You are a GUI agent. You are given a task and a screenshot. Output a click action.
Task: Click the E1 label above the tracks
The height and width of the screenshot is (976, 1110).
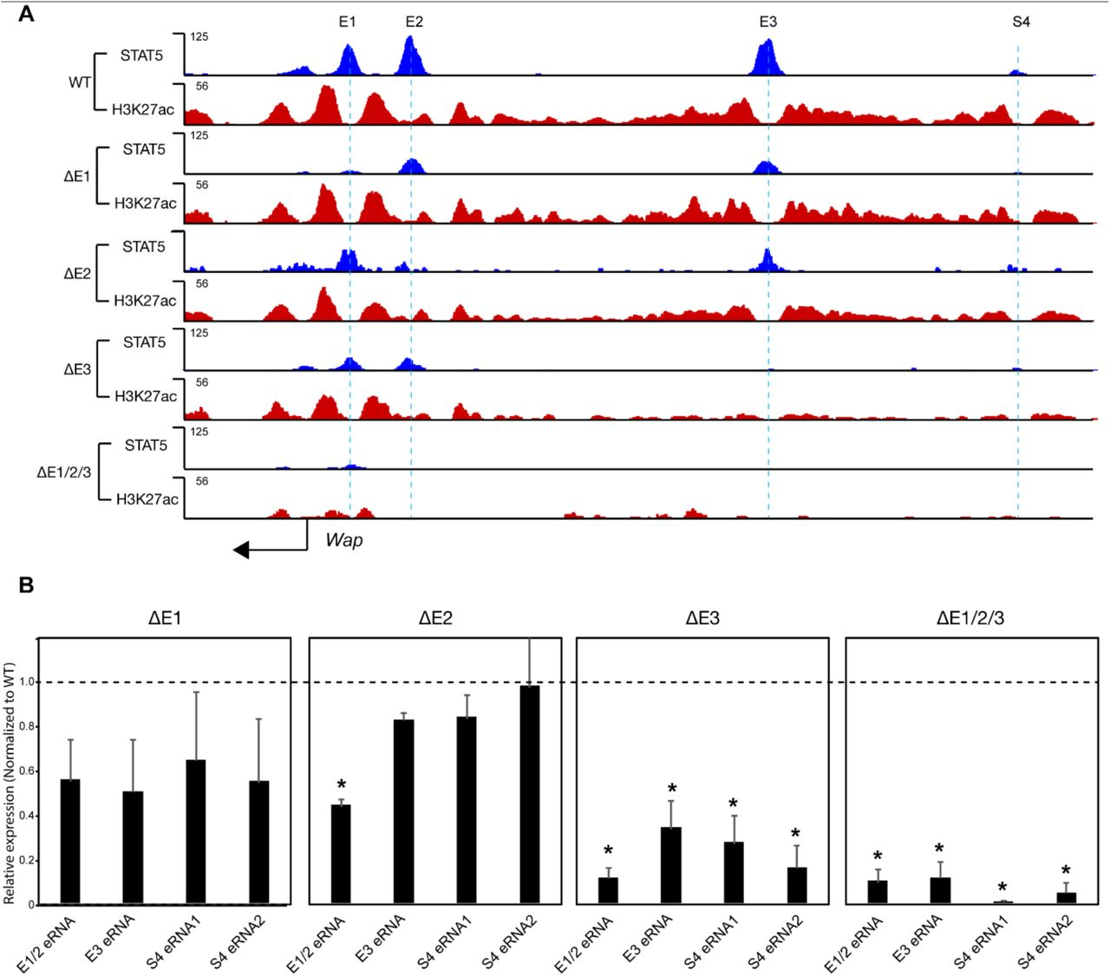click(x=347, y=22)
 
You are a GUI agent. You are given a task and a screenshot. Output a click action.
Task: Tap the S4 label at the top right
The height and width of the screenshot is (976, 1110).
click(x=1021, y=22)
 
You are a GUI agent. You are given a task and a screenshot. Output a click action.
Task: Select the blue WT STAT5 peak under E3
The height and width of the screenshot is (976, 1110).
click(x=765, y=60)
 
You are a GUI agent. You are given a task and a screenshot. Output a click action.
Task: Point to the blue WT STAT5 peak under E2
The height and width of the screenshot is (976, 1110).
click(x=411, y=57)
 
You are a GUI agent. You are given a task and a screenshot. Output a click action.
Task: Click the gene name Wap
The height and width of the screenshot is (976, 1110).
click(x=344, y=540)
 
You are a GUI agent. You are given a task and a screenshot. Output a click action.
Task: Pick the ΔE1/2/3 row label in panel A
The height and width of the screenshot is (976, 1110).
click(x=64, y=472)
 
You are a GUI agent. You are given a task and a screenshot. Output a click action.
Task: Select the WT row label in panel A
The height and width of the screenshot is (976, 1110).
click(x=79, y=83)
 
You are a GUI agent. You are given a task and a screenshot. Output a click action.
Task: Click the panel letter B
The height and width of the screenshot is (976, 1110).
click(x=26, y=586)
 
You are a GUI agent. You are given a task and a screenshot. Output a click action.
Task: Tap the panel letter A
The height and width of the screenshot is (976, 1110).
click(x=26, y=14)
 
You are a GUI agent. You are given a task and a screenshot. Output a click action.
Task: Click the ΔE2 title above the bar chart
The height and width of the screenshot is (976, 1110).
click(x=435, y=619)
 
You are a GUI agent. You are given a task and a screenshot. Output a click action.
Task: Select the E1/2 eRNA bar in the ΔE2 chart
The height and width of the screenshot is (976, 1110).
click(x=341, y=855)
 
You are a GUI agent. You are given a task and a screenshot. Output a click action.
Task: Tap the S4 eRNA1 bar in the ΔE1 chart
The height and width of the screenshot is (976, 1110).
click(x=196, y=832)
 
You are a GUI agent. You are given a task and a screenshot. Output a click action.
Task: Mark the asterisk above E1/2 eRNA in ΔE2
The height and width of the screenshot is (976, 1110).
click(x=341, y=786)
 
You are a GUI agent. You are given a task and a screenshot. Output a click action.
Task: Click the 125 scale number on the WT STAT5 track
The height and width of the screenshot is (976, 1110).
click(x=199, y=37)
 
